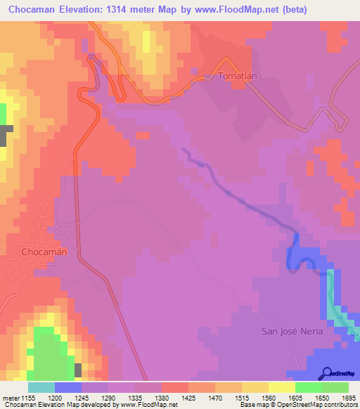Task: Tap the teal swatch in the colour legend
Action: tap(41, 387)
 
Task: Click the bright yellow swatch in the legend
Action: tap(281, 387)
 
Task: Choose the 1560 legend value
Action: tap(254, 397)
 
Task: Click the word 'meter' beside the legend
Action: tap(10, 397)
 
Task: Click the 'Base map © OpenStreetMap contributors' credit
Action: tap(298, 405)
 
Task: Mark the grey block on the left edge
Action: tap(3, 135)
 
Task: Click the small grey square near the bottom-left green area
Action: tap(78, 370)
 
